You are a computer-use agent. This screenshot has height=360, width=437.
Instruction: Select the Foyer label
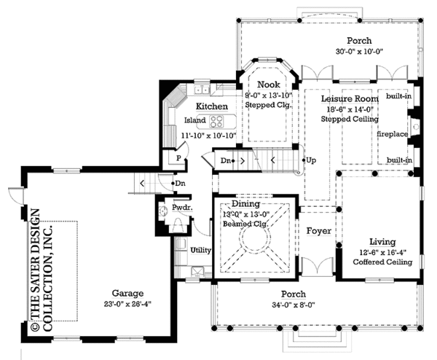[318, 231]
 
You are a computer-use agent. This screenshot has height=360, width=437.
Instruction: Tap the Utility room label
[200, 250]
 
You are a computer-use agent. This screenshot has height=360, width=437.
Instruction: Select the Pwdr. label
[181, 208]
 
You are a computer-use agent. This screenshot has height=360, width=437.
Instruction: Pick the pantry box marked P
[176, 157]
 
